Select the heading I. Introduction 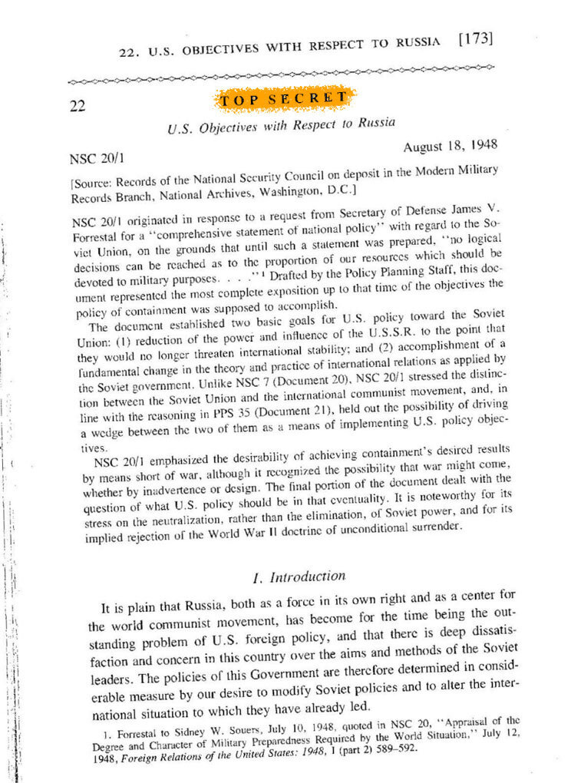[289, 576]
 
